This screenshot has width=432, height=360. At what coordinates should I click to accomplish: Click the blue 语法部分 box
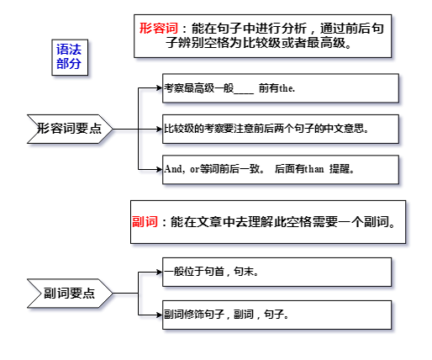coord(70,57)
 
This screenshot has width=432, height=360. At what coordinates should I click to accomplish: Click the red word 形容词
coord(159,29)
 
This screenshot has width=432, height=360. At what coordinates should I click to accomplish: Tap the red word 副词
coord(145,221)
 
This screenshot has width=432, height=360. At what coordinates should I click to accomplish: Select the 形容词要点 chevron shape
coord(70,129)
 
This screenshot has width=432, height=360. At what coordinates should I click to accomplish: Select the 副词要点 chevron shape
coord(70,294)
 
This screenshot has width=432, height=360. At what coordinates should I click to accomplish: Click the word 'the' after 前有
coord(287,88)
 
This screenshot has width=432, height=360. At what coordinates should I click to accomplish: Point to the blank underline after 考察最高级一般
coord(244,93)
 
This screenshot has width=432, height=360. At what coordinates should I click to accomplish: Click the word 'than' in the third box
coord(313,169)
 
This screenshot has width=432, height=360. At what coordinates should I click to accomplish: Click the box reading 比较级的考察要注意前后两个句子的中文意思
coord(281,129)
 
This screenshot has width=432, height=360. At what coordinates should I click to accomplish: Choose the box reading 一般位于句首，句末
coord(277,272)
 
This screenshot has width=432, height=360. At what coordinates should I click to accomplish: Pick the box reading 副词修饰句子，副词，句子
coord(277,315)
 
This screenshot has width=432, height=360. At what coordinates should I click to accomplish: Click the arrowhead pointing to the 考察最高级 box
coord(160,88)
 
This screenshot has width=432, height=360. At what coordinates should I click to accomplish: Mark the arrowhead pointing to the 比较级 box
coord(160,129)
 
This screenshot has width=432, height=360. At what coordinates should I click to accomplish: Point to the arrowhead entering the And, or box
coord(160,169)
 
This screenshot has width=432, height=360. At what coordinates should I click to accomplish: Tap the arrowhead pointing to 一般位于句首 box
coord(160,272)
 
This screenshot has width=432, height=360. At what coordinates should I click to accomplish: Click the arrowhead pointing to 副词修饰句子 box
coord(160,315)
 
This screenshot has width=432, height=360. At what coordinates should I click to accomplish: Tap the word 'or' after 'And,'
coord(194,170)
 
